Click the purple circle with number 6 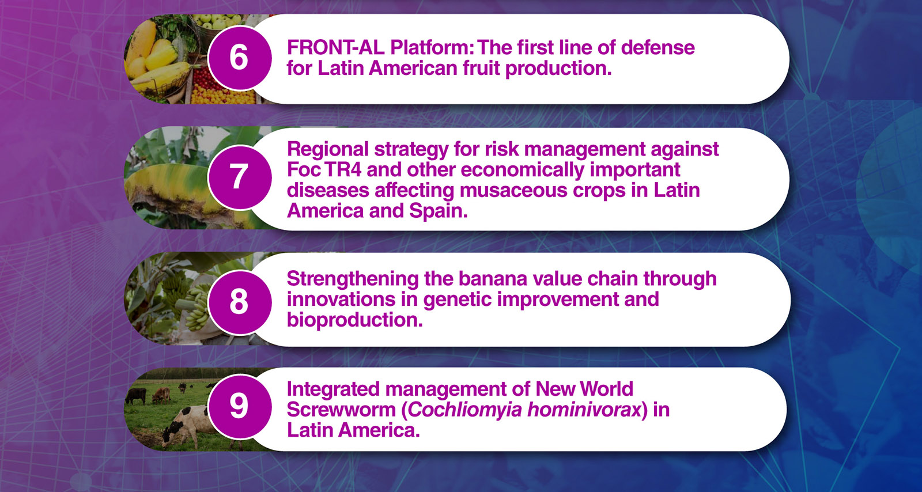[240, 58]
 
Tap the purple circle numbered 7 [240, 177]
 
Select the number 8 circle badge [240, 302]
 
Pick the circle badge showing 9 [240, 406]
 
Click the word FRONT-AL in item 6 [335, 47]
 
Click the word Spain [438, 211]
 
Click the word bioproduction [355, 320]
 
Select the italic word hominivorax [584, 410]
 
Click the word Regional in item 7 [328, 149]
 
